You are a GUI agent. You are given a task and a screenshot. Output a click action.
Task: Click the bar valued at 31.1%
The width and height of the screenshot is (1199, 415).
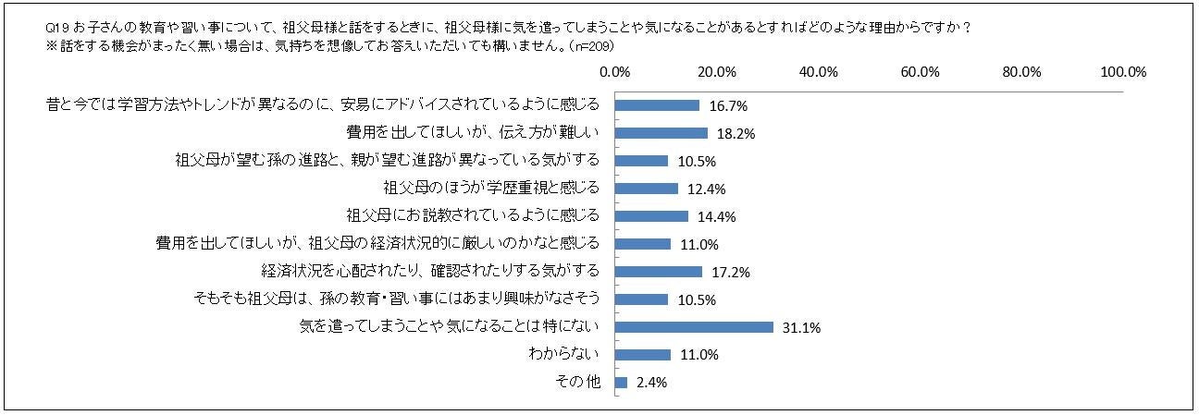coord(694,326)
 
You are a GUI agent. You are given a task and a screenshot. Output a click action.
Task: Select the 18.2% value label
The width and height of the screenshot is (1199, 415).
coord(736,133)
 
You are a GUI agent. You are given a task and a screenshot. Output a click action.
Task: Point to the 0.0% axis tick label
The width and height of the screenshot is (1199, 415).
coord(615,72)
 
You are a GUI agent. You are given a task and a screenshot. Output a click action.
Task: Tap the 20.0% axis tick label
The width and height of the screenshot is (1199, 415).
coord(717,72)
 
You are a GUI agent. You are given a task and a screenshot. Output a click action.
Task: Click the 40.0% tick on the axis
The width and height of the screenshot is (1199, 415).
coord(819,72)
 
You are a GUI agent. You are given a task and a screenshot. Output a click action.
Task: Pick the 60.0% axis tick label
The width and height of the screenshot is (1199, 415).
coord(921,72)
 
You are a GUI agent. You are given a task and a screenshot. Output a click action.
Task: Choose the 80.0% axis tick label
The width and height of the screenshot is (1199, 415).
coord(1022,72)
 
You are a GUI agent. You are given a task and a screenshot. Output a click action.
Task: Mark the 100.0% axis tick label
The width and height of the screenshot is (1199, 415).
coord(1122,72)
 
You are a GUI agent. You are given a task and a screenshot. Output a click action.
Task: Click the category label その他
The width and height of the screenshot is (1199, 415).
coord(581,382)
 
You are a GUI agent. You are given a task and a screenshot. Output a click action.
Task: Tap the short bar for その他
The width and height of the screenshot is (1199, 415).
coord(622,382)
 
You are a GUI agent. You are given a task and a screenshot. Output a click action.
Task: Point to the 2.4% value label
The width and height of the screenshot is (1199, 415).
coord(652,383)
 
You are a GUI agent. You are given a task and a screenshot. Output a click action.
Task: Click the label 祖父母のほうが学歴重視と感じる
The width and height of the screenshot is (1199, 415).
coord(491,188)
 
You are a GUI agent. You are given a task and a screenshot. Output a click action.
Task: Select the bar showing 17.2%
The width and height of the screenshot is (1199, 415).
coord(659,271)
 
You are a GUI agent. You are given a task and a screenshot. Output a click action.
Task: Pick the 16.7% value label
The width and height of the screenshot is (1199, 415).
coord(728,105)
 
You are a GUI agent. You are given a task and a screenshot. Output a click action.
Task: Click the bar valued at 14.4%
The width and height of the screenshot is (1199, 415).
coord(651,215)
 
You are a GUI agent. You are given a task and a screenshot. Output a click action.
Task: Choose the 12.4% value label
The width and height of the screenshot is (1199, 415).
coord(707,189)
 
